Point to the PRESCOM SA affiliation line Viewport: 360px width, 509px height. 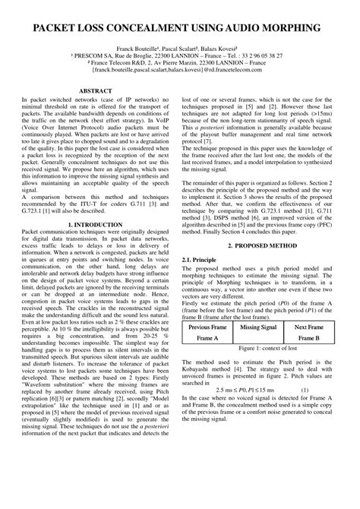click(x=179, y=56)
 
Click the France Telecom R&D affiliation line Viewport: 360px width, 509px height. click(x=179, y=64)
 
